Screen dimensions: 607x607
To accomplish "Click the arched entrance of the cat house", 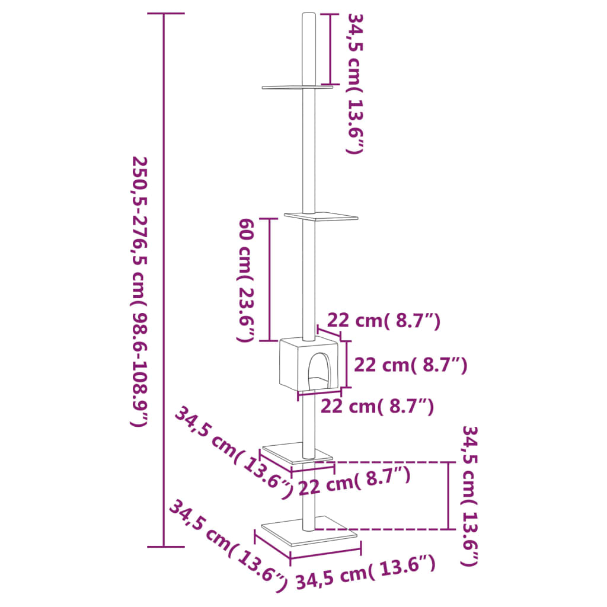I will coord(317,368).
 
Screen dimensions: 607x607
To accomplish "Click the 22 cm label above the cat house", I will coord(384,321).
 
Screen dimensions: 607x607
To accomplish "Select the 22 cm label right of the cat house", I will coord(410,365).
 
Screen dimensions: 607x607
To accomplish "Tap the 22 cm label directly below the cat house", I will coord(377,407).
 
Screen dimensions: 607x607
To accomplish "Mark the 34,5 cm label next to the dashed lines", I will coord(470,495).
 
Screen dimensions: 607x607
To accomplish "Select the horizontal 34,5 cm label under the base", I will coord(365,573).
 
